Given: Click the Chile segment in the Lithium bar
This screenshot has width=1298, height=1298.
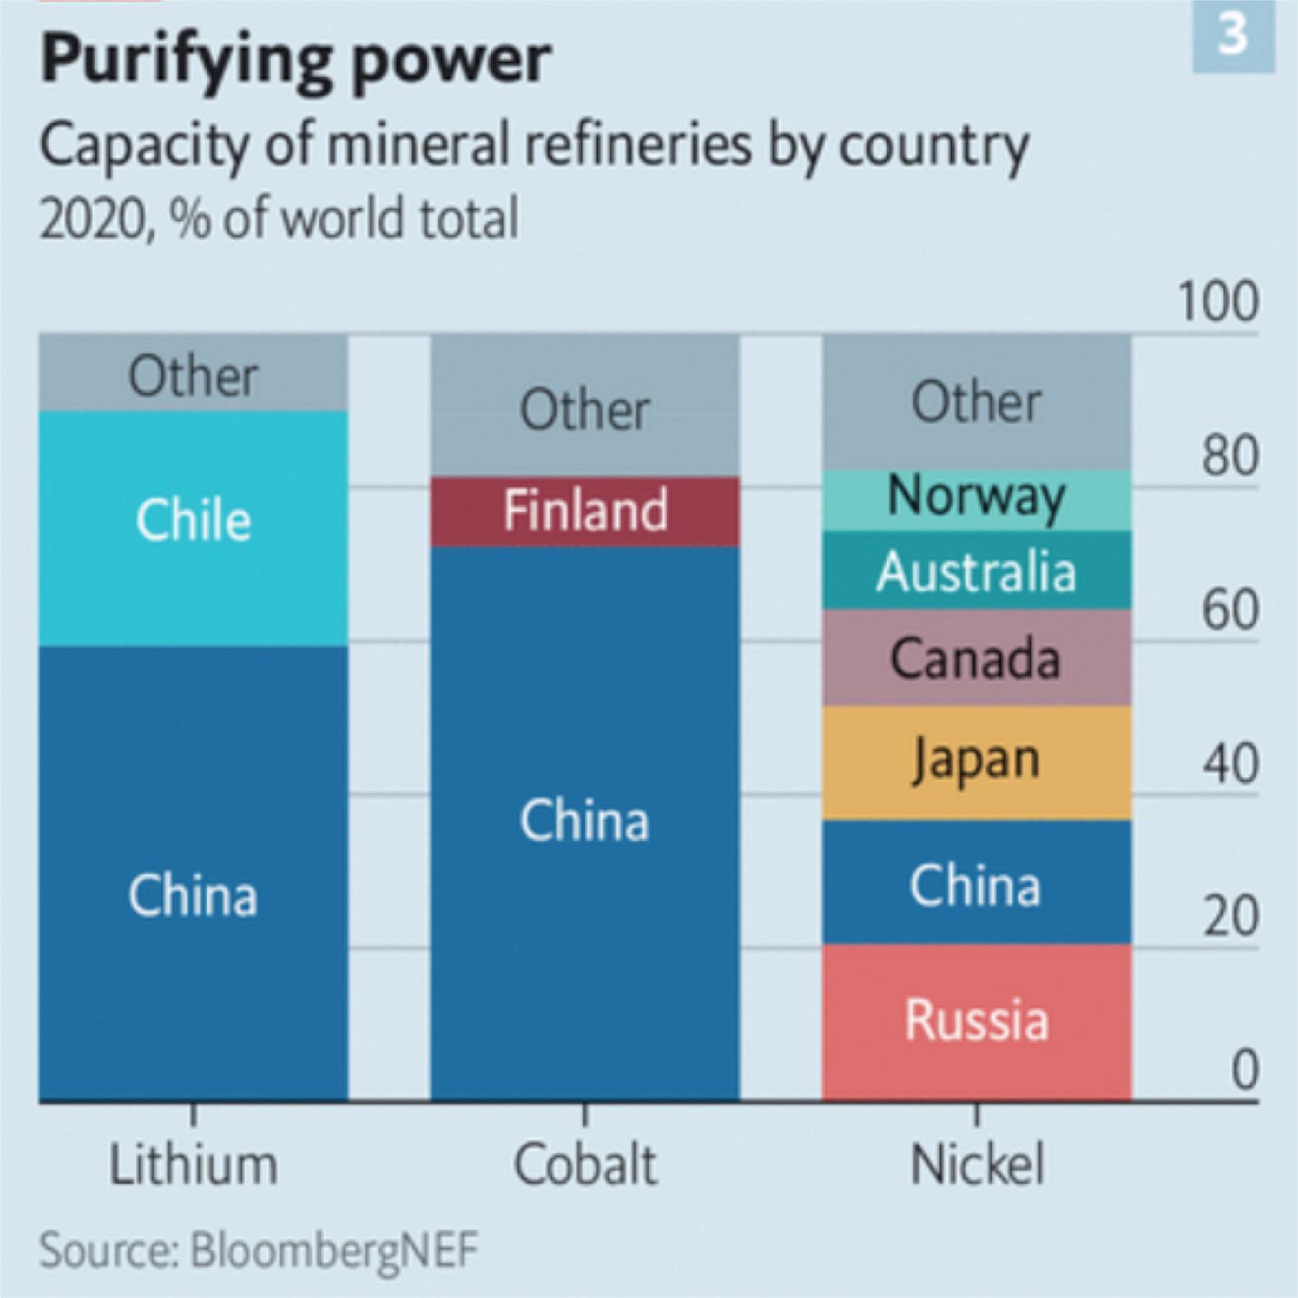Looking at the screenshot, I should click(x=193, y=528).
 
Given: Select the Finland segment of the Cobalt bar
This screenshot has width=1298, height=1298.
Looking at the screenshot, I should click(x=584, y=512).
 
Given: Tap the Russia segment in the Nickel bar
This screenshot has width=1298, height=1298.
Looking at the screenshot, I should click(x=976, y=1021).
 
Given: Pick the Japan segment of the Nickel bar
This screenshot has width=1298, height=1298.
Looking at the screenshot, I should click(x=976, y=762).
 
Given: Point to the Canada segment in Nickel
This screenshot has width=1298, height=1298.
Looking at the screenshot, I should click(x=976, y=657).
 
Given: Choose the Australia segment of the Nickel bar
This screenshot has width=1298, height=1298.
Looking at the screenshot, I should click(x=976, y=571).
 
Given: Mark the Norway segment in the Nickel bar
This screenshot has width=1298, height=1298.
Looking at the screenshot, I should click(x=976, y=499).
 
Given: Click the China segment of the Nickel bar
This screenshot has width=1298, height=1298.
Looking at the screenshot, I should click(x=976, y=884).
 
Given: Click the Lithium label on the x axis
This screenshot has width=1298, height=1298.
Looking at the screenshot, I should click(x=193, y=1164).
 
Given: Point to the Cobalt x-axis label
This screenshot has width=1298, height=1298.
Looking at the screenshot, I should click(x=584, y=1164).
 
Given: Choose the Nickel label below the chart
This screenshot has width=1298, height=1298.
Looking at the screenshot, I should click(x=976, y=1164).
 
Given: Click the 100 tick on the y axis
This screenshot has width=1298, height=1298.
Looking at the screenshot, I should click(x=1218, y=303).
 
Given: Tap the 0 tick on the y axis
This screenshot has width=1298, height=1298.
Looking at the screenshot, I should click(x=1243, y=1069).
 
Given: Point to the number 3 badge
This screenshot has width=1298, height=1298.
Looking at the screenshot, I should click(x=1233, y=36).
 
